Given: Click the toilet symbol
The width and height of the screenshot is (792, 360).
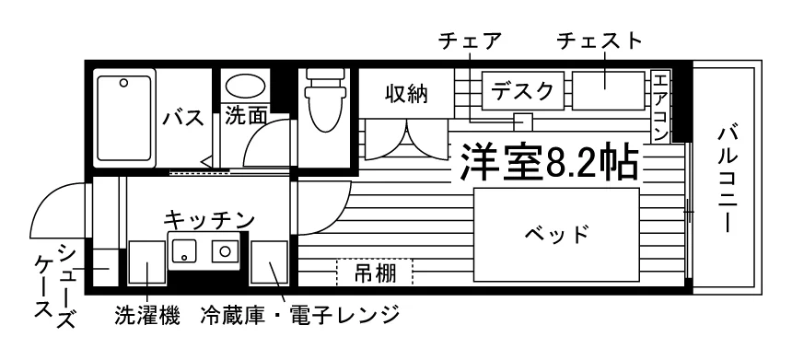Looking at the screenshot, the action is click(x=328, y=99).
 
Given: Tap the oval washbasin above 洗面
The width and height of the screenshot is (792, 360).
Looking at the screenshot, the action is click(x=246, y=87).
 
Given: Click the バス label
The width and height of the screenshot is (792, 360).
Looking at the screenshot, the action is click(x=183, y=118).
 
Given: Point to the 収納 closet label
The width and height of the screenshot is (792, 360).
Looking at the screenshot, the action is click(x=407, y=93).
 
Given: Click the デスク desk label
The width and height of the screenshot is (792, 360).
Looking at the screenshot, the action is click(x=523, y=91).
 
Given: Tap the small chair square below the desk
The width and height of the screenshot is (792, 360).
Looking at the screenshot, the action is click(x=523, y=122).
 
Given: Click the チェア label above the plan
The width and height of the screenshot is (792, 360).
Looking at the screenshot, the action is click(x=471, y=41).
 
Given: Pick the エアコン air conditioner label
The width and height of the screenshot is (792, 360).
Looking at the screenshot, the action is click(x=660, y=106).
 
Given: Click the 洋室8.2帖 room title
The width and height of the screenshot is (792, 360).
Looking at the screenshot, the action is click(x=549, y=163).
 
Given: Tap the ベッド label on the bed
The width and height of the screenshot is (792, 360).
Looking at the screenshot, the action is click(x=556, y=234).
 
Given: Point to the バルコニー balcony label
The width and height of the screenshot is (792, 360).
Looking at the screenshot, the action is click(x=727, y=180).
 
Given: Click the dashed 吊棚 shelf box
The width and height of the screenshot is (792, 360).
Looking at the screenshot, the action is click(x=375, y=273).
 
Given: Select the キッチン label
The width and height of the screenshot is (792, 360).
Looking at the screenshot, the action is click(x=209, y=218).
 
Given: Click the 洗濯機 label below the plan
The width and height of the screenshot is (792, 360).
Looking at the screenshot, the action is click(x=147, y=316).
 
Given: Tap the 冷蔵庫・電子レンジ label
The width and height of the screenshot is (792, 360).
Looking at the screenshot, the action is click(x=300, y=316).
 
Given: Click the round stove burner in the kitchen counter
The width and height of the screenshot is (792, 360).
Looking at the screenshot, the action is click(x=225, y=250).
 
